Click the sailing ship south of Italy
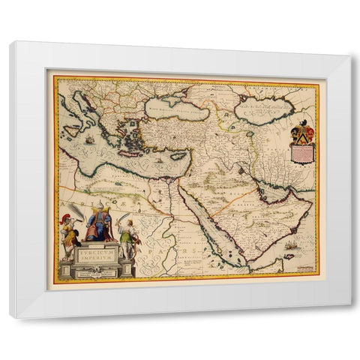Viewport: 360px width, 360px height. point(89,139)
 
